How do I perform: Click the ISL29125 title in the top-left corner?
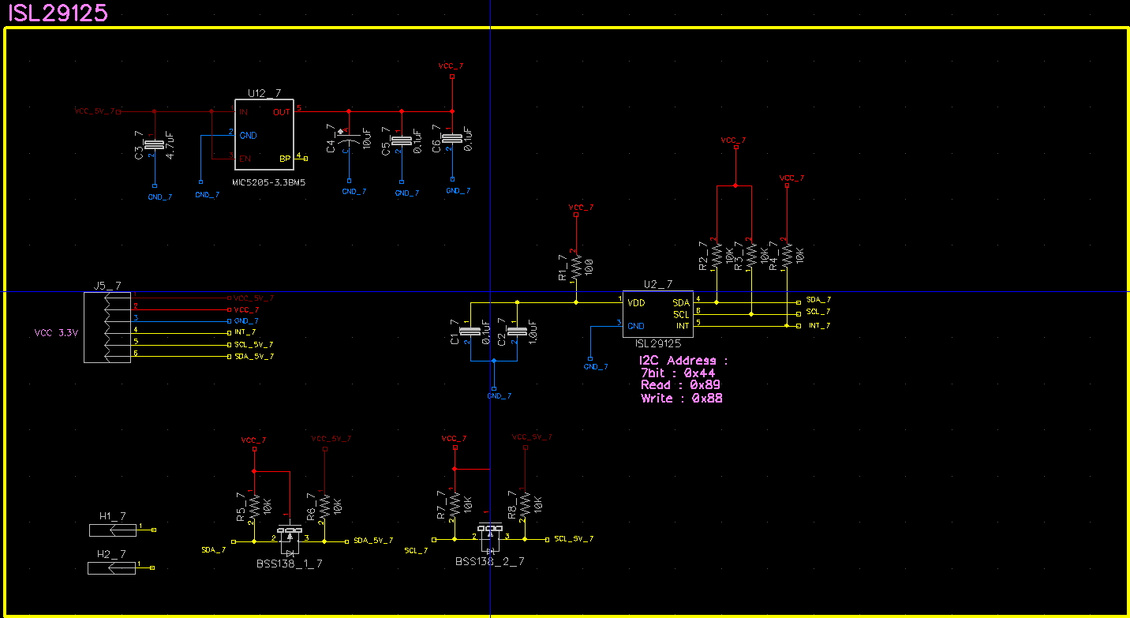pos(57,13)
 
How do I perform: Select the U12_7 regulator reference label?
pos(264,92)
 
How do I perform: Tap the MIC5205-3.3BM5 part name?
pos(268,182)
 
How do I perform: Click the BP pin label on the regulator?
pos(285,159)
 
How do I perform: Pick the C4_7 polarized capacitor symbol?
pos(346,140)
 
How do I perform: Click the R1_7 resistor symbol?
pos(576,265)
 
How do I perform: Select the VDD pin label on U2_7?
pos(636,302)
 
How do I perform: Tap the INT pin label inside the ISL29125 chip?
pos(681,326)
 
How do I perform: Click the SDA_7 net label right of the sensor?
pos(818,300)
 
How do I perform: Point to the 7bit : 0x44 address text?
pos(678,373)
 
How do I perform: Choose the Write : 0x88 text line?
pos(681,399)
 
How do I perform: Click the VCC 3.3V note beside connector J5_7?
pos(57,333)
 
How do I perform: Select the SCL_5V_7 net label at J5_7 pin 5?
pos(254,345)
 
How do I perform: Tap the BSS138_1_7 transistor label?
pos(290,564)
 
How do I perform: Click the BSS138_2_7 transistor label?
pos(489,561)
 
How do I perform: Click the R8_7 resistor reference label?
pos(514,505)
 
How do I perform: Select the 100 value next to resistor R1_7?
pos(589,265)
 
